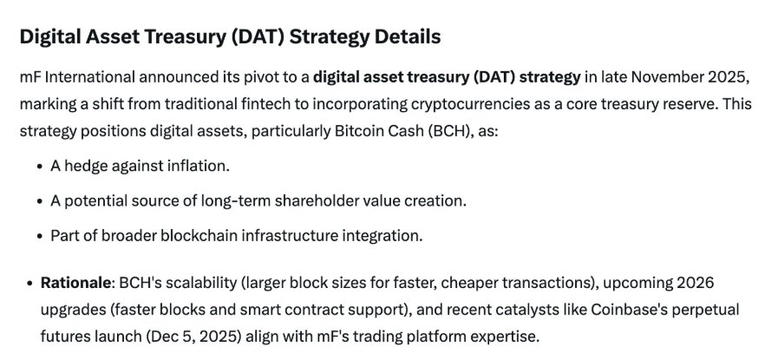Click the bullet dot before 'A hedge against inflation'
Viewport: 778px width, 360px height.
click(41, 167)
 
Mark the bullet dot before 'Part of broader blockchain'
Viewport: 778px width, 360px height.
click(41, 236)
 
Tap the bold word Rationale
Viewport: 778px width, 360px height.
click(76, 283)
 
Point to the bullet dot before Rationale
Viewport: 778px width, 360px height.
click(30, 284)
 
